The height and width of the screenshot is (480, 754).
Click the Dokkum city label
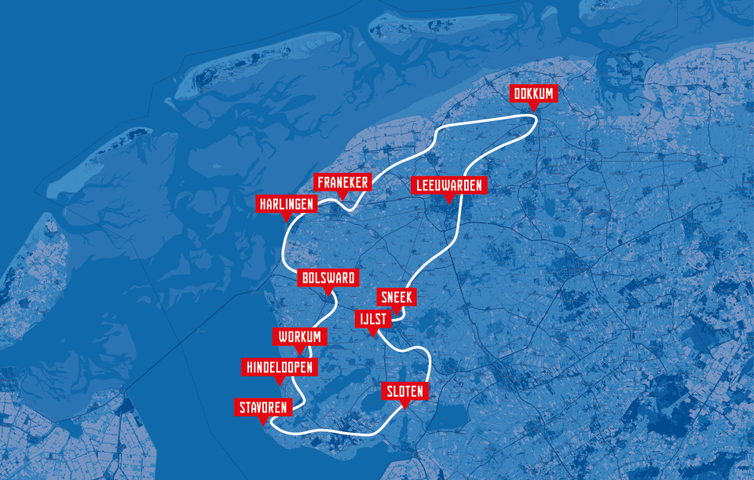(x=534, y=94)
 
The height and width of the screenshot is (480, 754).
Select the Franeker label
(x=342, y=182)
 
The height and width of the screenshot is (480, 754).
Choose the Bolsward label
(x=328, y=278)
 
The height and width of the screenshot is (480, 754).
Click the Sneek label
(x=396, y=297)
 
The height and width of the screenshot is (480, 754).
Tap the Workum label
(x=299, y=337)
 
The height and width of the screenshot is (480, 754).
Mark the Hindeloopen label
(x=279, y=368)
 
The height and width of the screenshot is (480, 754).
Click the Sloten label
(x=404, y=391)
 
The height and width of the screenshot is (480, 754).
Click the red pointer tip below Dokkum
(x=534, y=109)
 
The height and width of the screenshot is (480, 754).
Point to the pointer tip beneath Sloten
(x=404, y=407)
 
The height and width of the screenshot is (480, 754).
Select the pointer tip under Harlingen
(x=287, y=220)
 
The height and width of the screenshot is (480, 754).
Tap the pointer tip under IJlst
(x=372, y=335)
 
